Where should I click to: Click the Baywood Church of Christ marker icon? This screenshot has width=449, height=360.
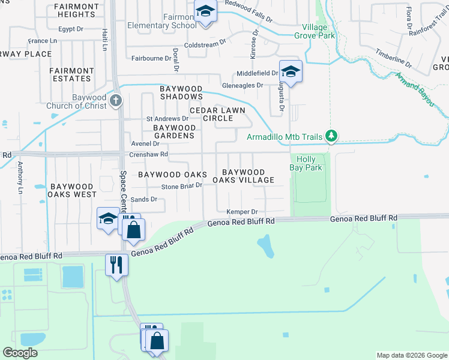pos(116,101)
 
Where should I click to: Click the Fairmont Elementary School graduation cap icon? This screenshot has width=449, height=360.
pos(205,12)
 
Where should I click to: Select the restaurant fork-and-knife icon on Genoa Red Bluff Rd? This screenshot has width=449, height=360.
pos(116,264)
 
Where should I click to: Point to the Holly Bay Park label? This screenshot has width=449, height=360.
pos(306,164)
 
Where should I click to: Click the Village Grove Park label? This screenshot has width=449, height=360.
pos(315,31)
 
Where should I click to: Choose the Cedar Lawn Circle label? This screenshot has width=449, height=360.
pos(217,114)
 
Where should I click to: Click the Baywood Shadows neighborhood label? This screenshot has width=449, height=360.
pos(181,93)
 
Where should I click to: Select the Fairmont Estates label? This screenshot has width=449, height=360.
pos(71,74)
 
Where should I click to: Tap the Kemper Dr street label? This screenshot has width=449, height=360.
pos(242,212)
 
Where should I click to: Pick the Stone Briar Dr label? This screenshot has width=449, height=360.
pos(181,186)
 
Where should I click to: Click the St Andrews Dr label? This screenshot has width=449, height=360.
pos(168,119)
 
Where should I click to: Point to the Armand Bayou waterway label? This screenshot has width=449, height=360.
pos(414,89)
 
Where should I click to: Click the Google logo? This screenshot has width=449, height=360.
pos(20,352)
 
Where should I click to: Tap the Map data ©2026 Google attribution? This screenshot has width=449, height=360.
pos(411,355)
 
